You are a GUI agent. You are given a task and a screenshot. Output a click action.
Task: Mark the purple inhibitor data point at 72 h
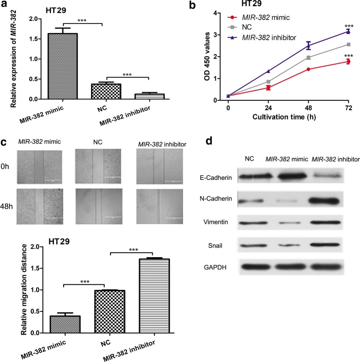[347, 32]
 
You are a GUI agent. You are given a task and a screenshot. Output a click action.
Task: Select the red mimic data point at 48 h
[309, 69]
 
